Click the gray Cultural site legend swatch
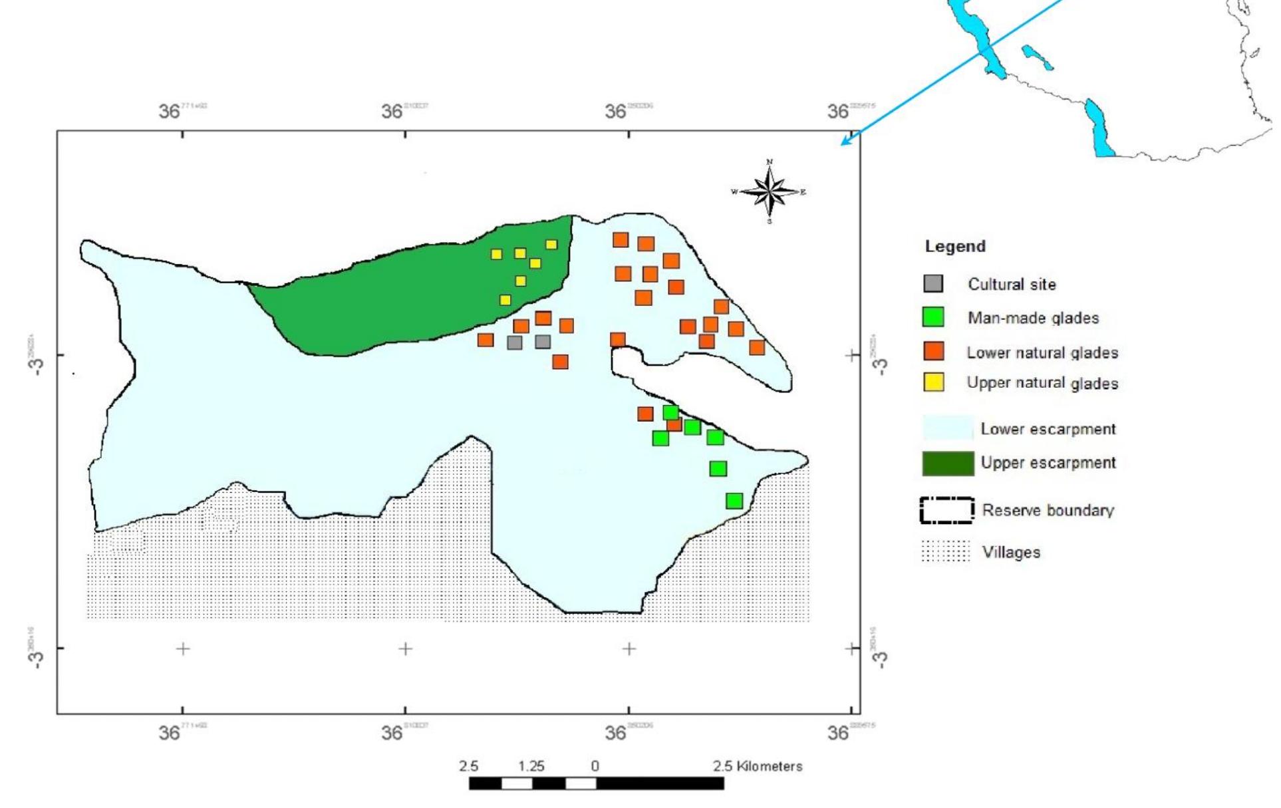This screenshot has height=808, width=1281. tap(933, 284)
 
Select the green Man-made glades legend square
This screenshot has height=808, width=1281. tap(933, 317)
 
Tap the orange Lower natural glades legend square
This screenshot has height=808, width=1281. tap(934, 351)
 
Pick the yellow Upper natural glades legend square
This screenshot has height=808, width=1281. tap(934, 382)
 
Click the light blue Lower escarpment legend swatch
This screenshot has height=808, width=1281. tap(948, 428)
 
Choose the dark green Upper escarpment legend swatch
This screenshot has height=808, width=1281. tap(948, 464)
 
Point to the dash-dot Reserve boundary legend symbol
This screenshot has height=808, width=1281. tap(947, 511)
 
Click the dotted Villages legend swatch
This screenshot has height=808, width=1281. tap(945, 551)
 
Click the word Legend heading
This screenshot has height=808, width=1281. tap(955, 246)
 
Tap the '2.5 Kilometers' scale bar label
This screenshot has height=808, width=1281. tap(758, 766)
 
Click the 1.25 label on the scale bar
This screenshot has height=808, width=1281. tap(531, 766)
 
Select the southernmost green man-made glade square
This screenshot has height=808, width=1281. tap(734, 501)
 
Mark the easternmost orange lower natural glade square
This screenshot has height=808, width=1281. tap(757, 347)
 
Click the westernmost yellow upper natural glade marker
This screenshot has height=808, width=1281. tap(496, 254)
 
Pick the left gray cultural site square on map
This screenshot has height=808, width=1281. tap(514, 342)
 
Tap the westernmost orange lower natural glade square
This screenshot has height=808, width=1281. tap(486, 340)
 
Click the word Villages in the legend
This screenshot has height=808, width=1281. tap(1011, 552)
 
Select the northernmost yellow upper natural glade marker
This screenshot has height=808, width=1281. tap(551, 244)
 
